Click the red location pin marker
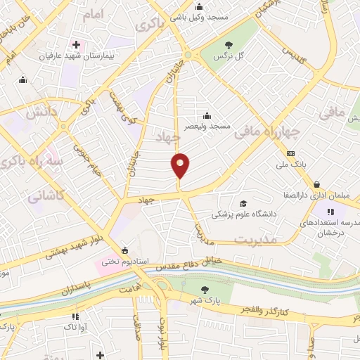point(180,167)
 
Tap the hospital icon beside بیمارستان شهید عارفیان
point(76,44)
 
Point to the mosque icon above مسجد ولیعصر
point(207,115)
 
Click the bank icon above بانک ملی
point(290,153)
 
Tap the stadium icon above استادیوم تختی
point(125,250)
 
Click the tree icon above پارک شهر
point(204,289)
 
